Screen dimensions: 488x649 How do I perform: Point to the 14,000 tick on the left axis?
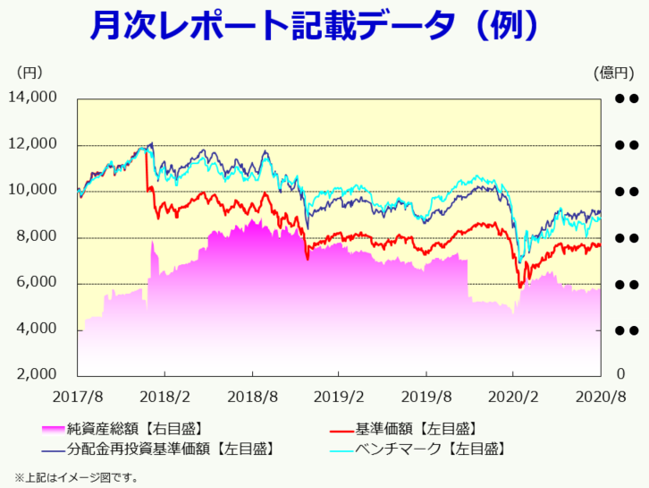click(x=33, y=98)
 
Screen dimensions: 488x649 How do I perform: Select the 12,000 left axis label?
click(x=33, y=144)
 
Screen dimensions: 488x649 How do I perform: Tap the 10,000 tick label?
click(x=33, y=191)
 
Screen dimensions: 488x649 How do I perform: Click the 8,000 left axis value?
click(x=37, y=237)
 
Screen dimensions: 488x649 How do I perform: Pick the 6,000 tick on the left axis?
click(x=37, y=284)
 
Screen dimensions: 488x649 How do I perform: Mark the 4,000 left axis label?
click(x=37, y=330)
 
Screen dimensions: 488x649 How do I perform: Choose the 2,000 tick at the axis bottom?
click(x=37, y=374)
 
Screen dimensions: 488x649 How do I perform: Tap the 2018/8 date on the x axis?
click(x=251, y=396)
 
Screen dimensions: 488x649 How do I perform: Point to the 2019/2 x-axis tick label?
click(x=339, y=396)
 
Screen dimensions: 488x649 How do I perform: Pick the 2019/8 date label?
click(x=426, y=396)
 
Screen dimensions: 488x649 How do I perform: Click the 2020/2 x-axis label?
click(x=513, y=396)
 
